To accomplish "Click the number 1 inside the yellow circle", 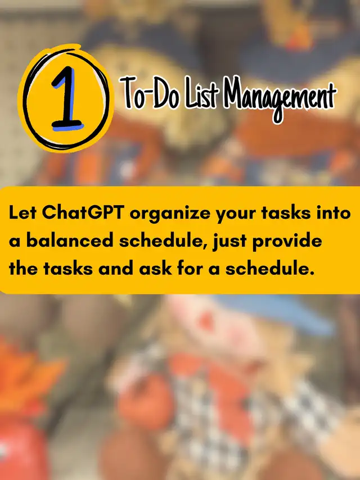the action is (x=67, y=98).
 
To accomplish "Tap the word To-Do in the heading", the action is (x=149, y=93).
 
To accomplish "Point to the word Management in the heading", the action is (x=280, y=98).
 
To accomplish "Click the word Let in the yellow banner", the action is (x=23, y=212).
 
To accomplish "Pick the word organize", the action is (x=170, y=214).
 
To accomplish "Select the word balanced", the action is (x=70, y=241).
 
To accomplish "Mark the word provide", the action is (x=287, y=242).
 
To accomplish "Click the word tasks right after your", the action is (x=286, y=212).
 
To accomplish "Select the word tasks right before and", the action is (x=68, y=269).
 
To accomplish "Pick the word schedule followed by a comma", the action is (x=163, y=241).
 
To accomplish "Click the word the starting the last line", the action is (x=23, y=269).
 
